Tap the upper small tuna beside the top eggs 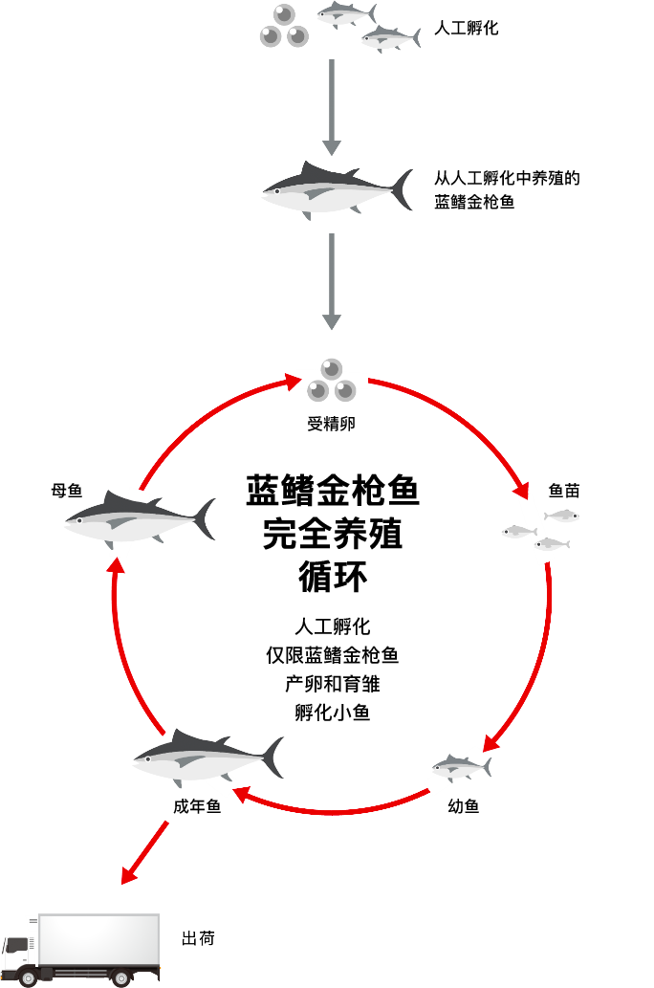point(345,13)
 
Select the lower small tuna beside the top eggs point(390,38)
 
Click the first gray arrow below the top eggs point(331,105)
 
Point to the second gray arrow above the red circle point(331,280)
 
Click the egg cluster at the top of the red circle point(331,381)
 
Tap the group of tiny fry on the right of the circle point(540,529)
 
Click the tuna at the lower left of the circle point(206,757)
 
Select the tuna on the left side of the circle point(139,519)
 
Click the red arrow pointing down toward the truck point(144,851)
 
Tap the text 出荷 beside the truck point(198,938)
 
